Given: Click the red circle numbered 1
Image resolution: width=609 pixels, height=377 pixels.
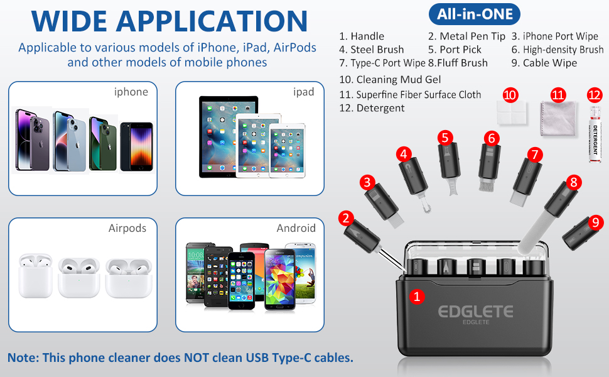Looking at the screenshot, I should (x=416, y=296).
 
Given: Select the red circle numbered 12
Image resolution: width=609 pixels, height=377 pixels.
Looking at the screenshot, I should (x=595, y=95).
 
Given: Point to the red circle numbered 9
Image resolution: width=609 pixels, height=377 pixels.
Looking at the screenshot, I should (x=596, y=222).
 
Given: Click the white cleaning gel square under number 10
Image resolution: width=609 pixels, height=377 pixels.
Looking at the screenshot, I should (x=512, y=116).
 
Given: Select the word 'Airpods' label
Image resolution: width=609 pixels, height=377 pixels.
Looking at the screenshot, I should (x=127, y=228).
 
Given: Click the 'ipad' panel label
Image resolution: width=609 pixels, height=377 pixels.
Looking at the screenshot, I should (x=303, y=92).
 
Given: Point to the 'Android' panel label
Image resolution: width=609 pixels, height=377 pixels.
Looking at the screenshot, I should (x=296, y=228).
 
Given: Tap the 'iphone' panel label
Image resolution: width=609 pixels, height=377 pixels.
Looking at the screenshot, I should (x=131, y=92).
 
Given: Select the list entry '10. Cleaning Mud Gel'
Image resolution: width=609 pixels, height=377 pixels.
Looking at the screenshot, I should (x=390, y=80).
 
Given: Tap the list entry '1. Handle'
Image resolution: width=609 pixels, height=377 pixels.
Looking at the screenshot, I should (x=361, y=36).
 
